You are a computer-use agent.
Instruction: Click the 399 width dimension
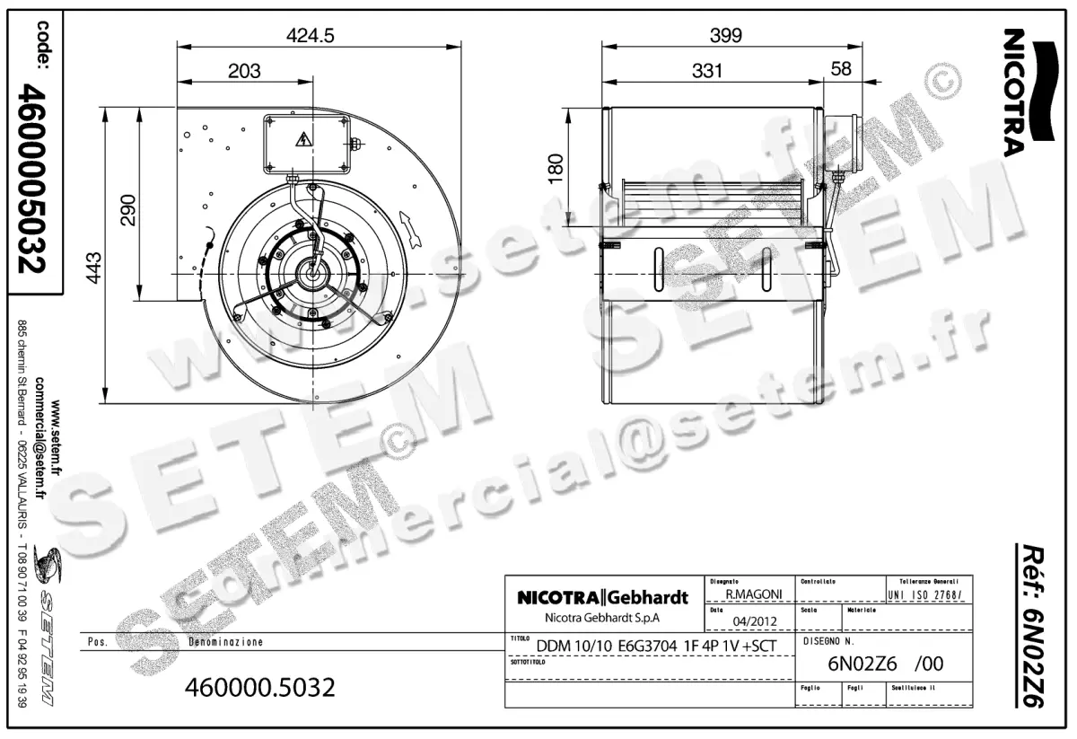[725, 36]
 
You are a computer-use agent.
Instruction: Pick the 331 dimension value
[707, 71]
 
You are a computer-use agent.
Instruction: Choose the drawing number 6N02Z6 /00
[884, 665]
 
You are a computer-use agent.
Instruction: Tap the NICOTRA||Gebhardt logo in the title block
[603, 598]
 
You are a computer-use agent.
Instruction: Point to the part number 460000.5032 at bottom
[259, 688]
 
